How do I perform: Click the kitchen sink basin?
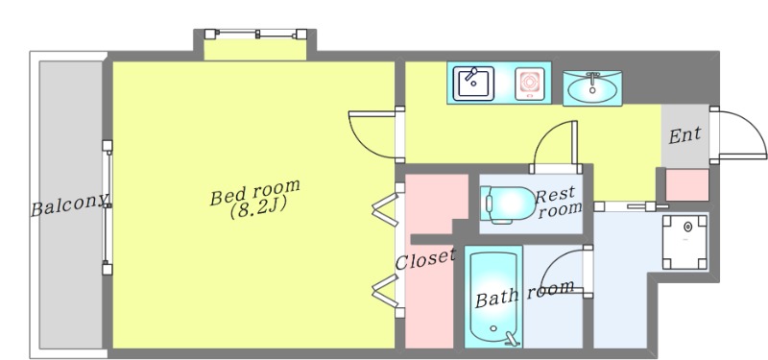point(473,84)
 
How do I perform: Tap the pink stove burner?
point(530,84)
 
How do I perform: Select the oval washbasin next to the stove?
point(592,88)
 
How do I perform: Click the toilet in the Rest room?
point(508,204)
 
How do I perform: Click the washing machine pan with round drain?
point(685,242)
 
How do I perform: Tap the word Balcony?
point(69,204)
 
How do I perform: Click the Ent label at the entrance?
point(684,135)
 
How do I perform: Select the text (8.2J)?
point(257,209)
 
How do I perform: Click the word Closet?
point(425,259)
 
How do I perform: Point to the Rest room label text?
point(558,203)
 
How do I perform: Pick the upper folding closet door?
point(386,209)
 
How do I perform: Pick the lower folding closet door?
point(386,291)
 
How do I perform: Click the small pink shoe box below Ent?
point(687,184)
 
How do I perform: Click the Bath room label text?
point(524,294)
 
